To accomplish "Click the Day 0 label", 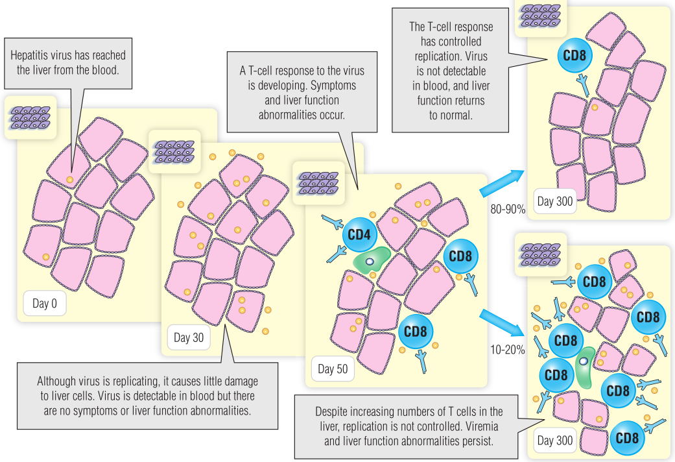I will [45, 303].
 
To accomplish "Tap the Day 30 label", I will [189, 337].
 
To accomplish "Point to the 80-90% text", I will [508, 210].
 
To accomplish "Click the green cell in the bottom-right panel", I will [586, 370].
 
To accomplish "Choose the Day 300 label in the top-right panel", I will [555, 201].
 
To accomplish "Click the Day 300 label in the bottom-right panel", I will [555, 441].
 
